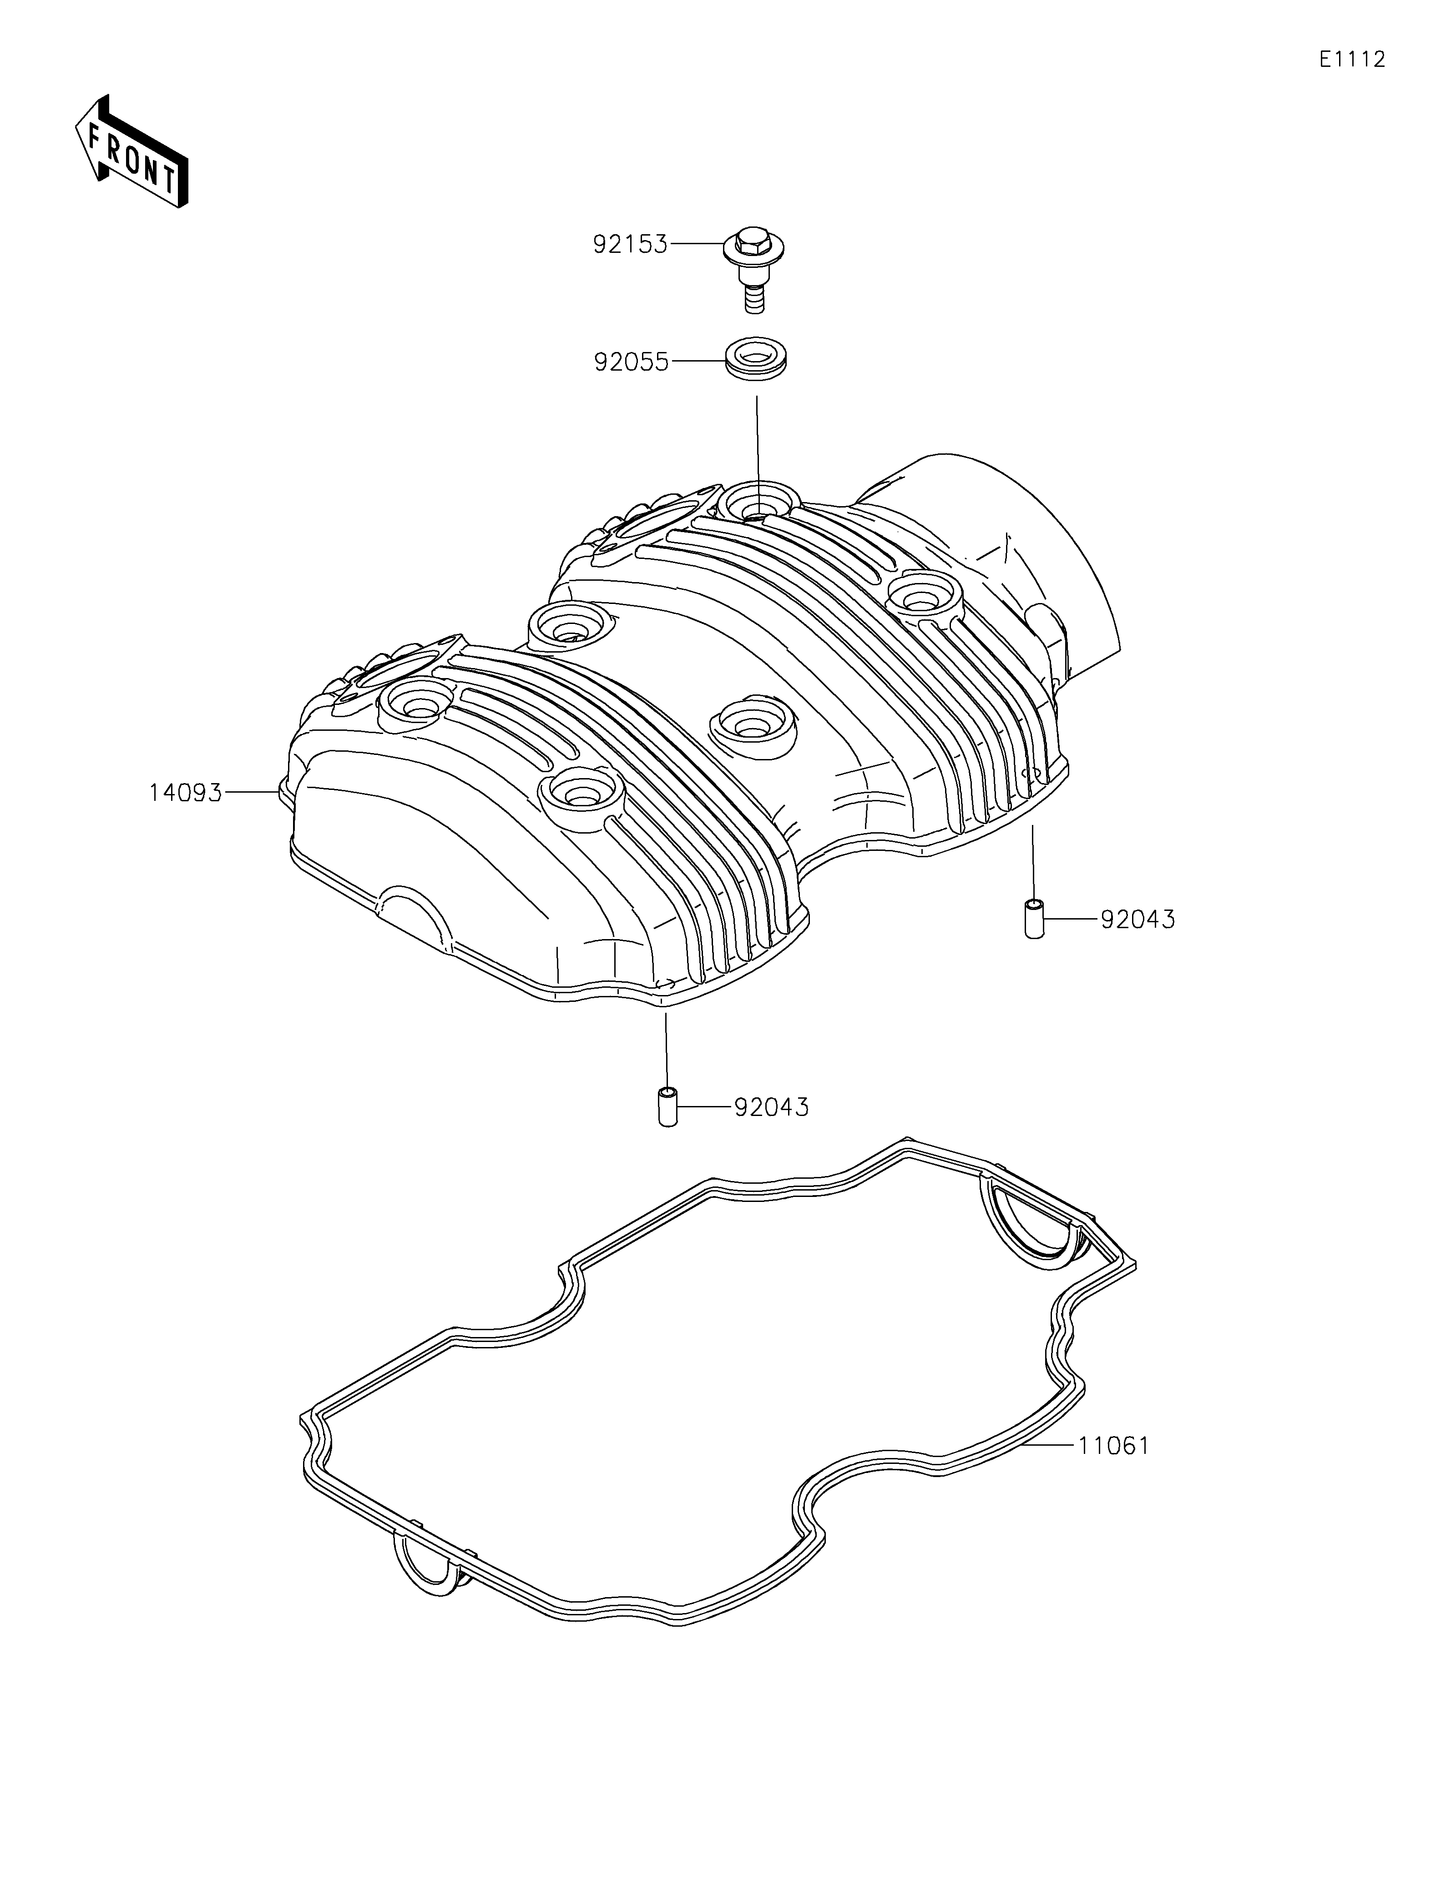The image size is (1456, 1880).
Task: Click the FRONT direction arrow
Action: pyautogui.click(x=131, y=151)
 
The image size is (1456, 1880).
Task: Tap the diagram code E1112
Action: pyautogui.click(x=1352, y=60)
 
